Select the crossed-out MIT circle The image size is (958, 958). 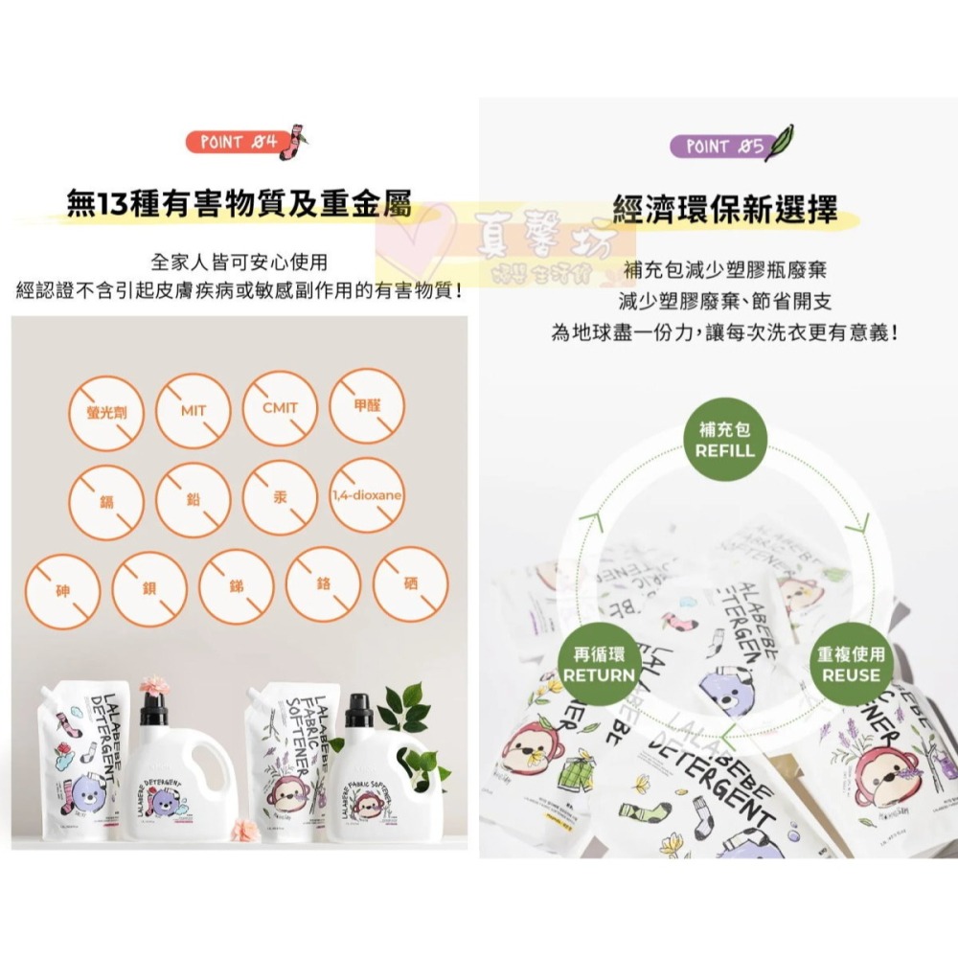tap(194, 410)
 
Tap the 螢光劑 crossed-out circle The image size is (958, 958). tap(106, 411)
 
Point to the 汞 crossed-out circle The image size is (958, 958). tap(280, 498)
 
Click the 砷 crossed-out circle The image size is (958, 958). tap(63, 585)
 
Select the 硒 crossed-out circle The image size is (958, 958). tap(410, 584)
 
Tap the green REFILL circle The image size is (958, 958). tap(725, 443)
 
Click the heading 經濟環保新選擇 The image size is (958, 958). tap(724, 208)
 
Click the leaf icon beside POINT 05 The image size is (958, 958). tap(781, 140)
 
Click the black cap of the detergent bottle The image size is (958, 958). tap(153, 708)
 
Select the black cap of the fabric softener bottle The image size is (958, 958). tap(358, 709)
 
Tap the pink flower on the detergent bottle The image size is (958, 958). tap(153, 685)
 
